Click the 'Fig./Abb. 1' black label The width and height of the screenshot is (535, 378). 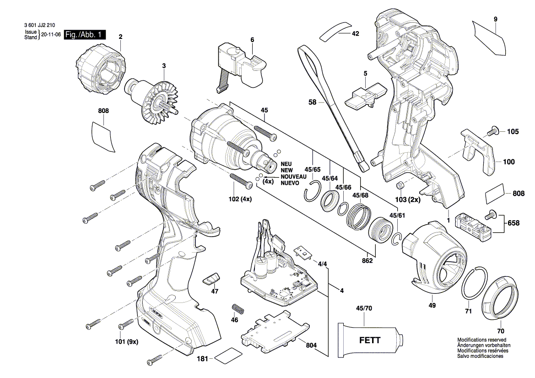[85, 35]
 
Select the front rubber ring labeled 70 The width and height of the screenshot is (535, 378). [500, 300]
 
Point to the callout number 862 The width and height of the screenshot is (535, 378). [367, 260]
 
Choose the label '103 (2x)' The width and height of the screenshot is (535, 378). [408, 200]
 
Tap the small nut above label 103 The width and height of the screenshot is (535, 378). [400, 184]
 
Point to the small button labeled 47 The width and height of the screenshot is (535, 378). [212, 278]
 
